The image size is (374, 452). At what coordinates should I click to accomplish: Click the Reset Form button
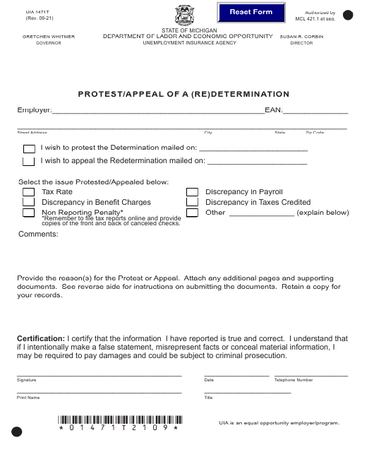point(251,13)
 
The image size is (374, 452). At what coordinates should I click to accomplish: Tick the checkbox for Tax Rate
point(28,192)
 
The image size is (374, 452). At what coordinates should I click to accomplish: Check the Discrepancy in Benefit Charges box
point(28,202)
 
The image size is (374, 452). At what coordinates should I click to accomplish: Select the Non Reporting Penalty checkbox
point(28,213)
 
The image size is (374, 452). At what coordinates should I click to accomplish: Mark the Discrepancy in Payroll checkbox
point(192,192)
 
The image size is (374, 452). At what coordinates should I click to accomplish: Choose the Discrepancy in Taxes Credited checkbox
point(192,202)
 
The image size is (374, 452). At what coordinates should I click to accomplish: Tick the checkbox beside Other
point(192,213)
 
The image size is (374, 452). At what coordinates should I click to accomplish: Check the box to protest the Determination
point(28,148)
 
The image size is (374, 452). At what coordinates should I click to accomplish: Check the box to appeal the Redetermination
point(28,161)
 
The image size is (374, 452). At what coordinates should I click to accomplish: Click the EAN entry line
point(315,110)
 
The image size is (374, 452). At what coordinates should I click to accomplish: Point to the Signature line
point(99,374)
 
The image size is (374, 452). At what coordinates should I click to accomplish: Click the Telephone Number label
point(294,380)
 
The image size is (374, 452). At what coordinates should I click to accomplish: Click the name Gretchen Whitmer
point(49,36)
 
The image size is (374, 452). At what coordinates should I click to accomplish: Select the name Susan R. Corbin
point(301,36)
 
